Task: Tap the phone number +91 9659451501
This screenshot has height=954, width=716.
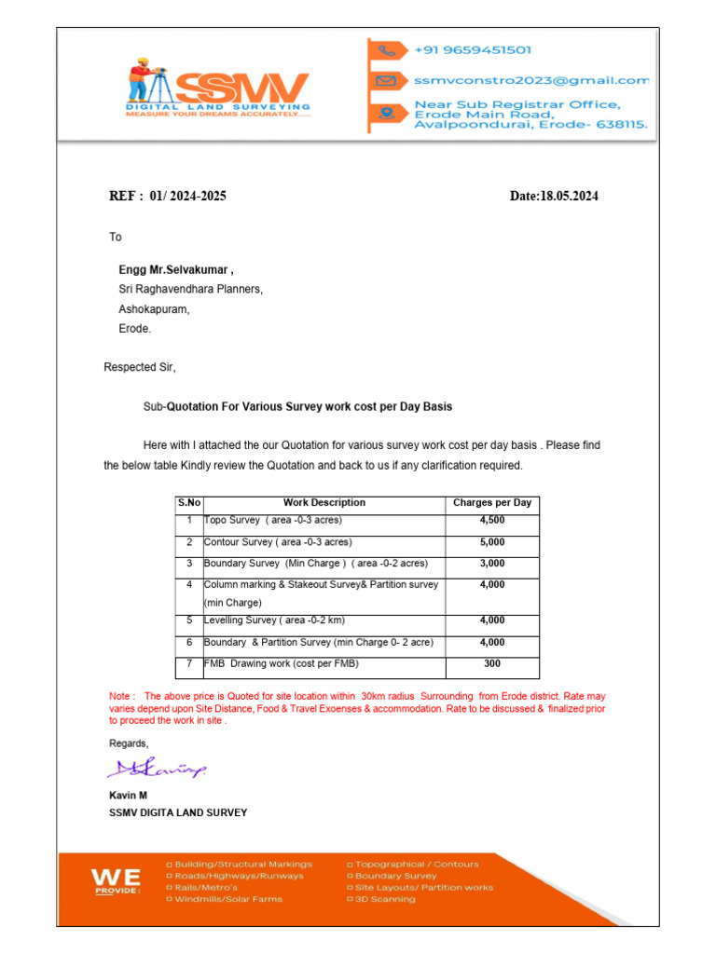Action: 474,50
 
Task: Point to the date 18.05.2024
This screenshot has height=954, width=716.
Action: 554,197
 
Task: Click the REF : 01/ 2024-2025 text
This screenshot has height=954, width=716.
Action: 168,197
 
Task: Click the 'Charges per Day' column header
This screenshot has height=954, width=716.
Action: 491,503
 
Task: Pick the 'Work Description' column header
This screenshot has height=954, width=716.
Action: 324,503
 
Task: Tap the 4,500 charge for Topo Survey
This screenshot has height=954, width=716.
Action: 491,520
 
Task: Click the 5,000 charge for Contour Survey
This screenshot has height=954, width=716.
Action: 491,542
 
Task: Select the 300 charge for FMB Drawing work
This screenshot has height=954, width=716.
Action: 491,664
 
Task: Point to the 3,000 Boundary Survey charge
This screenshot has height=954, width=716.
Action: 491,564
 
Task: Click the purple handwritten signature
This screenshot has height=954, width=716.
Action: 157,770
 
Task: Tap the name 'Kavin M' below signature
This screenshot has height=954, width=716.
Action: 128,797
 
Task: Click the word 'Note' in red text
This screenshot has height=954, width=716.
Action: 121,696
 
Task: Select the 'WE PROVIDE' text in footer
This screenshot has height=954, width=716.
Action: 116,880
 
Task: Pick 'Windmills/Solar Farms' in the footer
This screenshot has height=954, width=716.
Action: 224,899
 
